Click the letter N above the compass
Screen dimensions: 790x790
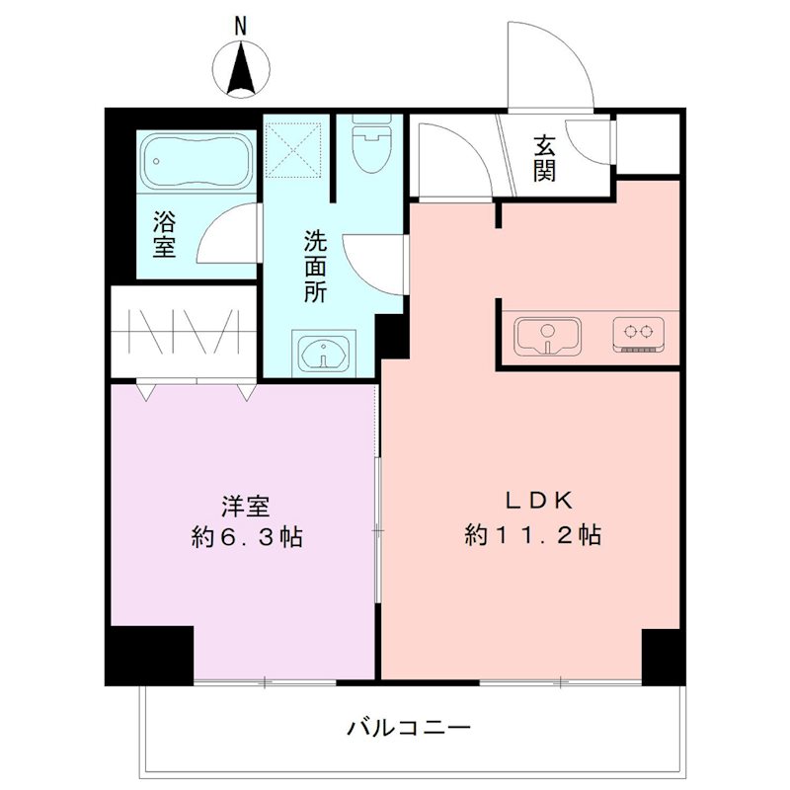pos(239,27)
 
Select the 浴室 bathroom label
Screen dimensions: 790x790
pos(164,233)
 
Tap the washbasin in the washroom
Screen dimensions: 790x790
pos(321,350)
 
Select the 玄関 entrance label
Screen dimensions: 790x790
pos(544,157)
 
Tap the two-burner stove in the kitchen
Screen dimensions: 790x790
pos(636,334)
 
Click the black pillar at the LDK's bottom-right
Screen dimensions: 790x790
pos(662,655)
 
